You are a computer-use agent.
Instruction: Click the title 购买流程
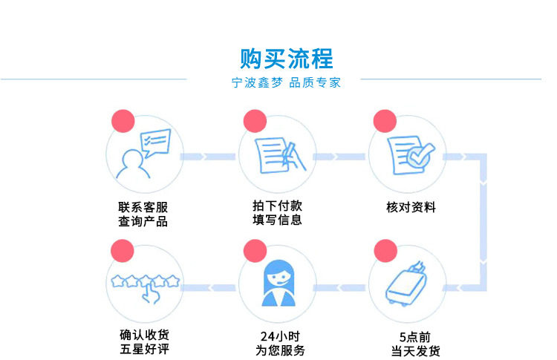[287, 58]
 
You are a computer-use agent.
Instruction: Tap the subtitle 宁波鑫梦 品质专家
[287, 83]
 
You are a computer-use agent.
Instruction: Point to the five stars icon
[145, 286]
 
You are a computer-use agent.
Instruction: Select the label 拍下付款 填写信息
[276, 213]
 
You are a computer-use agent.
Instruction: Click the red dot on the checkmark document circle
[385, 121]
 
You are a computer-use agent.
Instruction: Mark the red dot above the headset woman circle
[254, 251]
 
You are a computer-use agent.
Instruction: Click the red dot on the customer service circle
[122, 121]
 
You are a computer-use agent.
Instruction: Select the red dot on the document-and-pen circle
[254, 121]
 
